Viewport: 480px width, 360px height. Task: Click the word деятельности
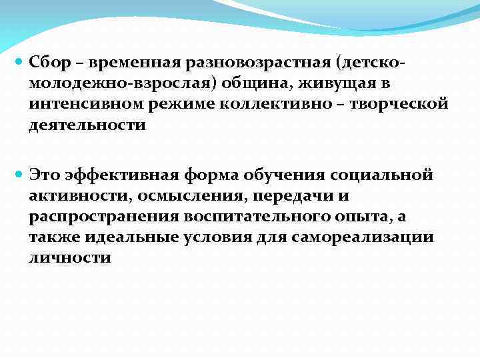(87, 125)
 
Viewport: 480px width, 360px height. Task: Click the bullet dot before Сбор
(19, 61)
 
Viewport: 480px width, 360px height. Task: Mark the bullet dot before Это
(19, 174)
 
